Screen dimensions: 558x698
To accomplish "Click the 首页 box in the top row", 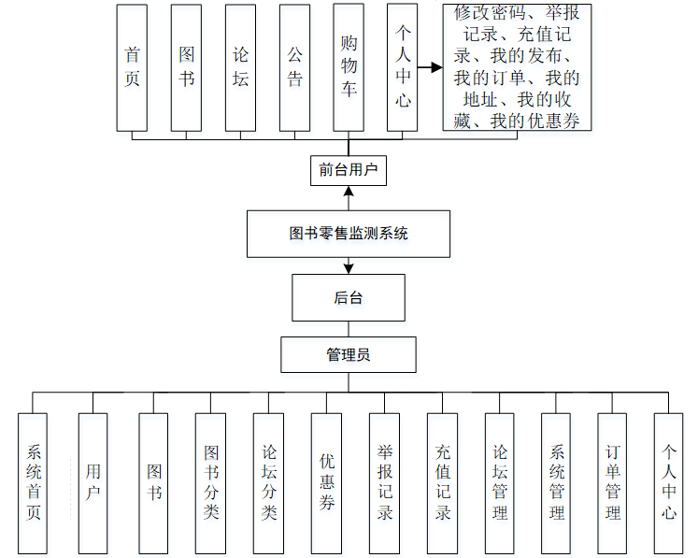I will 132,67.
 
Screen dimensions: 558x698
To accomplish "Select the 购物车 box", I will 349,67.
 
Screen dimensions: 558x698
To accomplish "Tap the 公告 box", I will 294,67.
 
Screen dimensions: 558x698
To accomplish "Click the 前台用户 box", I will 348,170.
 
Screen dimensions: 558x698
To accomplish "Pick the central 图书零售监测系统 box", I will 349,234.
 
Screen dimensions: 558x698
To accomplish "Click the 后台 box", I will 349,298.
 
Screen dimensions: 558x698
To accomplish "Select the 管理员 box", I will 349,355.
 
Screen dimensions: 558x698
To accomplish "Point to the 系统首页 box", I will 34,483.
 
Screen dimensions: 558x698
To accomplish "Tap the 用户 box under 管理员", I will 93,483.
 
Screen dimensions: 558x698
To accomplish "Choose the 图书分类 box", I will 210,483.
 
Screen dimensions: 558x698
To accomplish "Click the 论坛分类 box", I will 268,483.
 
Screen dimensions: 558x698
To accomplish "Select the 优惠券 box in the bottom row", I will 327,483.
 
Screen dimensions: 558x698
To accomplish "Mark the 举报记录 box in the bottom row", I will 384,483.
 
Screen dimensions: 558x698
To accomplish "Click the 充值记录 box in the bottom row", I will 442,483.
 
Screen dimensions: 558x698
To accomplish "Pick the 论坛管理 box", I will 499,483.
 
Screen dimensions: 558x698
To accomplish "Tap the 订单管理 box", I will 612,483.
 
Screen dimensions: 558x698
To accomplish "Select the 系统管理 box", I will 556,483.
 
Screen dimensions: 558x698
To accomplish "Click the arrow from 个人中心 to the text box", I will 430,68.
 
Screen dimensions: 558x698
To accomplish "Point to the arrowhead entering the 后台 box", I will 349,268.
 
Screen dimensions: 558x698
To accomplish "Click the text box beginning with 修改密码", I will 517,67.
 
